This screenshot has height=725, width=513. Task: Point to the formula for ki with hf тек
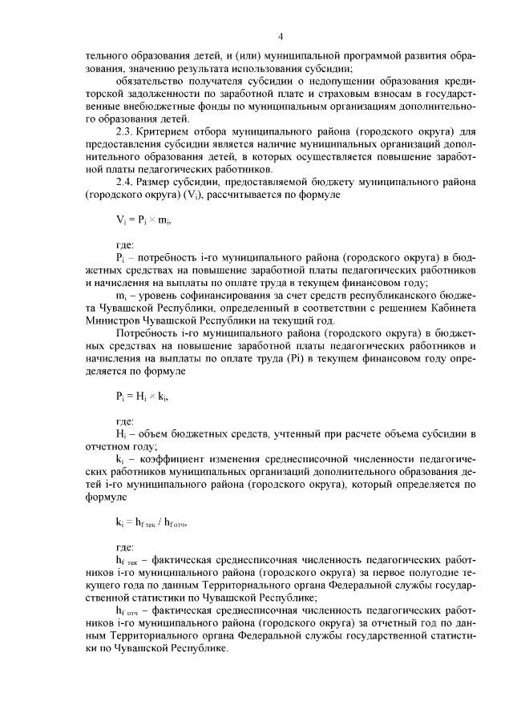point(151,523)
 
